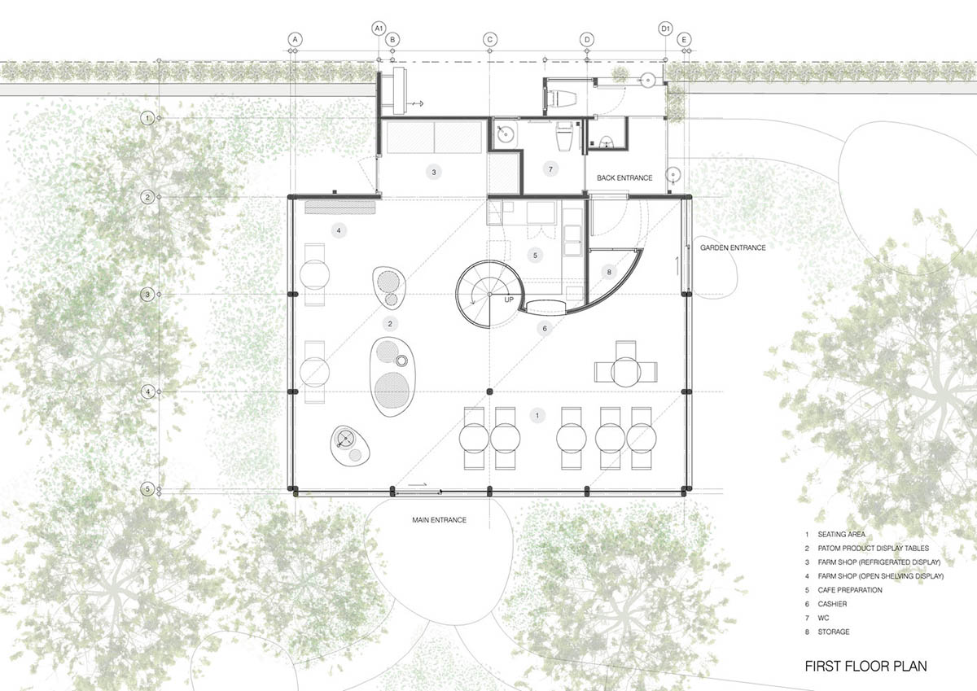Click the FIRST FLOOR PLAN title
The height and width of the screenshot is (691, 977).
pyautogui.click(x=865, y=666)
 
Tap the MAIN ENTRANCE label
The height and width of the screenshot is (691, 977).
pyautogui.click(x=439, y=519)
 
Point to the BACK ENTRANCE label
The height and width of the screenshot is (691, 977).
pyautogui.click(x=624, y=177)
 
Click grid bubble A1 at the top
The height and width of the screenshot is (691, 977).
pyautogui.click(x=378, y=28)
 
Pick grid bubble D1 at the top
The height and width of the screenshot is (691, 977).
pyautogui.click(x=665, y=28)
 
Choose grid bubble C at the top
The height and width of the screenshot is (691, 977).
pyautogui.click(x=489, y=39)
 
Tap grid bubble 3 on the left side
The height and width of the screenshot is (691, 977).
pyautogui.click(x=147, y=294)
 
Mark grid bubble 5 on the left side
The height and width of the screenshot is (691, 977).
pyautogui.click(x=147, y=489)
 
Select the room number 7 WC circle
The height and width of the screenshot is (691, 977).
pyautogui.click(x=551, y=169)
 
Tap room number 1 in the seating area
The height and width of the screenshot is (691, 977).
pyautogui.click(x=536, y=416)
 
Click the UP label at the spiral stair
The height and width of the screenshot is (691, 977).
pyautogui.click(x=510, y=300)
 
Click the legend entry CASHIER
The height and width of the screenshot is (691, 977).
pyautogui.click(x=833, y=604)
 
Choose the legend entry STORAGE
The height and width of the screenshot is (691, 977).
pyautogui.click(x=834, y=632)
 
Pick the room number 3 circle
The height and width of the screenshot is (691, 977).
pyautogui.click(x=434, y=172)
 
